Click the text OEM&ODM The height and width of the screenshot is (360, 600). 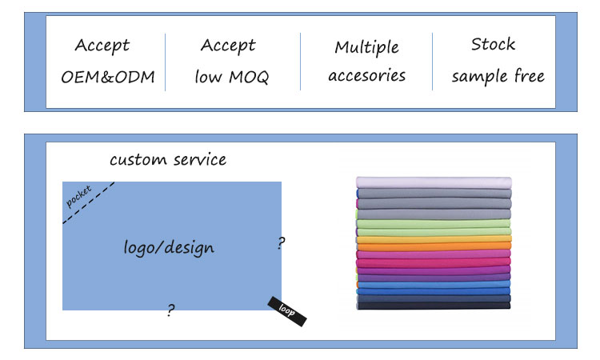(108, 78)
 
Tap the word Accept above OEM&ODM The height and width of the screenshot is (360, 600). (102, 46)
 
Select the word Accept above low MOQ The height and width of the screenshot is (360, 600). (228, 46)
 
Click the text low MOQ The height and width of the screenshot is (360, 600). (232, 78)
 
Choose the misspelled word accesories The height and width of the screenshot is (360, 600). (367, 77)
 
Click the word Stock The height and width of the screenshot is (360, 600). (493, 44)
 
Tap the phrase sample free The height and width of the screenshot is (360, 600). (498, 77)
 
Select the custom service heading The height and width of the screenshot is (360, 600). (168, 159)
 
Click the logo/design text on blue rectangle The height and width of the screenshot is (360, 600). (169, 247)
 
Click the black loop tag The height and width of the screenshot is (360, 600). (286, 310)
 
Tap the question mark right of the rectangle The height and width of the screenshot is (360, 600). (281, 243)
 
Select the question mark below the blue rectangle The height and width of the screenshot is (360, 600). (170, 310)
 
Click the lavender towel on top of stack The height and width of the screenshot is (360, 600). (433, 182)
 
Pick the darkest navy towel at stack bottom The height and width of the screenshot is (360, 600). (433, 305)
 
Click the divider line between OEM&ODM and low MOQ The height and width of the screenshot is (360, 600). (166, 62)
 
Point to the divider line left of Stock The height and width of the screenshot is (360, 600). (433, 62)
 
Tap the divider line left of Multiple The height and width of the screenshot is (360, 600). (301, 62)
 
